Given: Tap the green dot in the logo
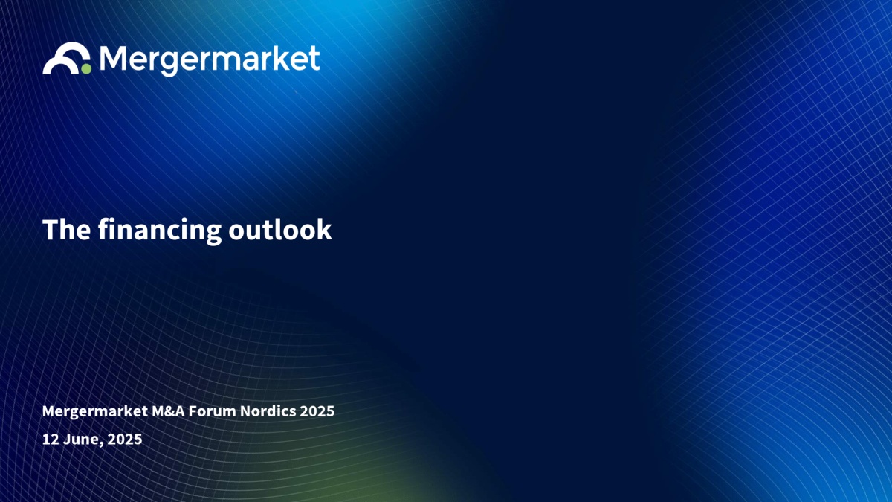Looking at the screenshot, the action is (x=86, y=69).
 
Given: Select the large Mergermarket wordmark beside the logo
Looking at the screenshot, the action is (x=210, y=60).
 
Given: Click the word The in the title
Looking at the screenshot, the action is (x=66, y=230).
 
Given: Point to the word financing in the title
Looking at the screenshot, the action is (x=160, y=231).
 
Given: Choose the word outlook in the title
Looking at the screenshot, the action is (x=280, y=230).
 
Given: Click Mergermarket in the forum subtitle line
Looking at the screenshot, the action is (x=95, y=411).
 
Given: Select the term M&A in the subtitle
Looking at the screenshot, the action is (x=168, y=411).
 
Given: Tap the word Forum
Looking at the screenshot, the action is (x=213, y=411).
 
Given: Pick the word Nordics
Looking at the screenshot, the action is (x=268, y=411).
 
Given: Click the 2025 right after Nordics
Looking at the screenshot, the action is (x=317, y=411).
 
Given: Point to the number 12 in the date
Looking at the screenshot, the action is (x=51, y=439).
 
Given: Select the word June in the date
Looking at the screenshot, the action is (x=83, y=439).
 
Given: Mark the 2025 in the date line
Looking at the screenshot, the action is (x=125, y=439).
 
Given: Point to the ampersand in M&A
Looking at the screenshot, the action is (x=169, y=411).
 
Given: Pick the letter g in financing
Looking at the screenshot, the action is (x=213, y=234).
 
